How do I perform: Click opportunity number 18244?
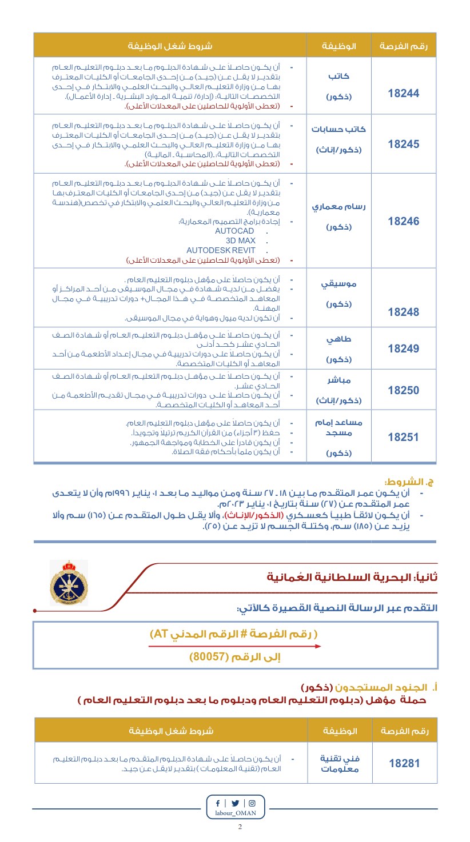[404, 94]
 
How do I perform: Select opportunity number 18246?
[404, 222]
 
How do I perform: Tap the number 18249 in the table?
[404, 348]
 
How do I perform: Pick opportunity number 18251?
[404, 437]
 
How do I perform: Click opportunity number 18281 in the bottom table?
[404, 763]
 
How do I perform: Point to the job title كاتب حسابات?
[338, 129]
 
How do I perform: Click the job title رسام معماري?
[338, 207]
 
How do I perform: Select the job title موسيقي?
[338, 284]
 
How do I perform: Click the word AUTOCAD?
[234, 231]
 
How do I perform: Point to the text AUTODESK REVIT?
[221, 250]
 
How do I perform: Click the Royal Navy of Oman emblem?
[69, 583]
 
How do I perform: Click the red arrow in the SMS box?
[234, 646]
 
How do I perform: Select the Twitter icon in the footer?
[236, 803]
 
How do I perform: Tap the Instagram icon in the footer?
[252, 803]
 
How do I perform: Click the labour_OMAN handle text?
[236, 813]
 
